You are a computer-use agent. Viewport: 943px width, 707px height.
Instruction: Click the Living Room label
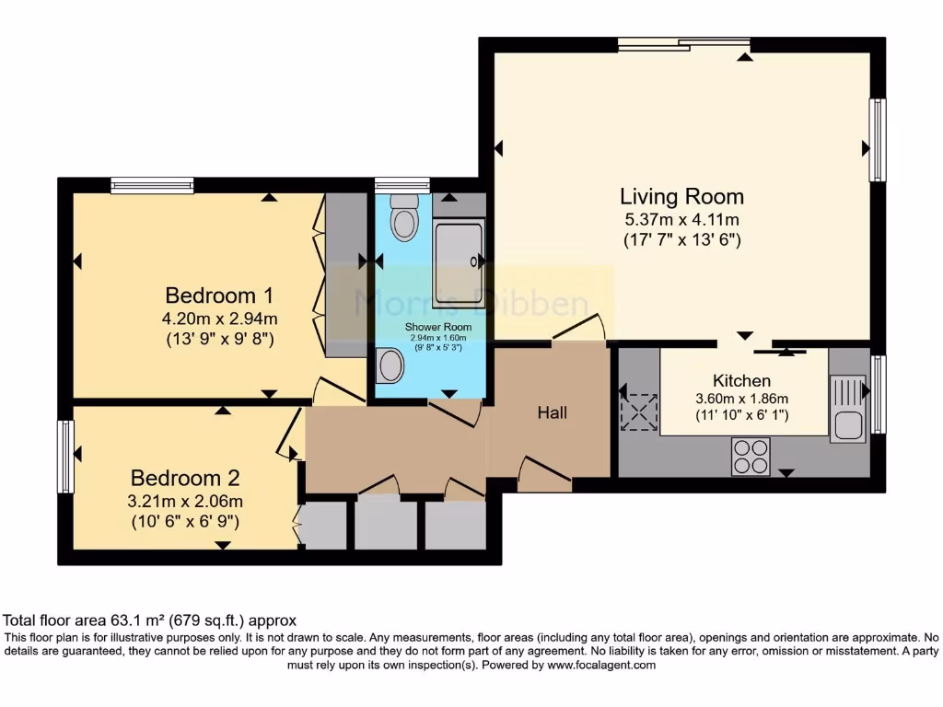[681, 196]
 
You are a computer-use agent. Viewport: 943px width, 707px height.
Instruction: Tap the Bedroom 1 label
[219, 296]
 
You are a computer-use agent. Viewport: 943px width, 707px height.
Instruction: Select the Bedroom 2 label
[185, 478]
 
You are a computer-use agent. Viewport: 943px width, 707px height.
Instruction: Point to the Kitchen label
[741, 380]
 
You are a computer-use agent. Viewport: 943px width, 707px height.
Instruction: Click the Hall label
[553, 412]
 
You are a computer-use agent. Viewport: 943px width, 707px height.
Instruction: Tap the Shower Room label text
[438, 327]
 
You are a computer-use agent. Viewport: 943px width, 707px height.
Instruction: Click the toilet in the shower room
[403, 218]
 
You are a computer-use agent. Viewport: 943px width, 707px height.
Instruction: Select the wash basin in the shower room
[390, 365]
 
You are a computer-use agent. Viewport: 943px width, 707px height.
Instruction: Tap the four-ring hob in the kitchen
[751, 456]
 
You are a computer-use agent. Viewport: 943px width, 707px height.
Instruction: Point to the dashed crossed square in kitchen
[639, 411]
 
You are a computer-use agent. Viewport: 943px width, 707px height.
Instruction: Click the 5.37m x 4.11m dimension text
[681, 220]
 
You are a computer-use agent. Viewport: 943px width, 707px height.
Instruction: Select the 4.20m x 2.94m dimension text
[219, 319]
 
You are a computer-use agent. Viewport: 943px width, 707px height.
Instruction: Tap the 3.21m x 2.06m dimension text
[185, 501]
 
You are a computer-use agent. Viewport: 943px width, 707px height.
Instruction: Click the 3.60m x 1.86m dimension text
[741, 399]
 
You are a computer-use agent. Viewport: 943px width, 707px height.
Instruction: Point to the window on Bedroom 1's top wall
[152, 185]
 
